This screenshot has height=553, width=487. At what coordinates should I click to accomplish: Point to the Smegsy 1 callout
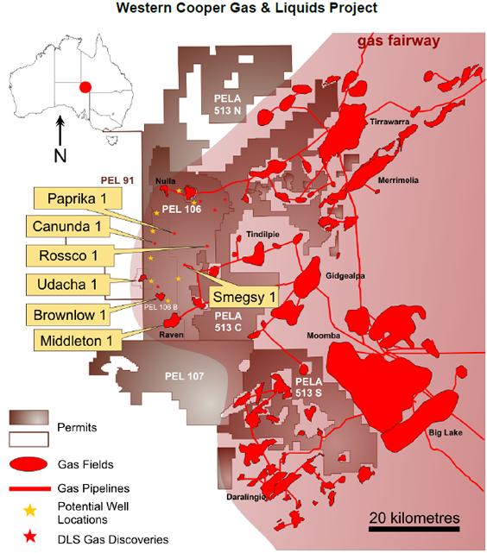click(x=244, y=297)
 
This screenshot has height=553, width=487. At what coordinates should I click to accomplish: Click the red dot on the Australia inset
click(x=85, y=86)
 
